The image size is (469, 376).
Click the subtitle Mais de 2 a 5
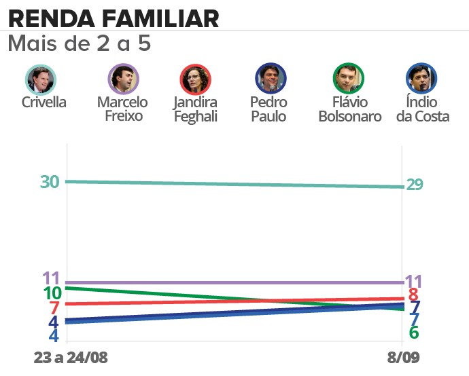click(x=79, y=44)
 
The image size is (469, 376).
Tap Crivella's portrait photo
click(x=41, y=79)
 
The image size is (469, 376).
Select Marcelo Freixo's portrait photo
click(x=123, y=79)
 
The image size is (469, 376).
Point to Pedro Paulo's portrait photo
click(x=271, y=79)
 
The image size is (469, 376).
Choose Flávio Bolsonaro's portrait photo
click(x=349, y=79)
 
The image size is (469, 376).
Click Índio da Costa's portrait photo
click(x=421, y=79)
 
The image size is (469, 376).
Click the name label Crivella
click(x=44, y=102)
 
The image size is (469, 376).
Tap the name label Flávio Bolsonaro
click(x=349, y=109)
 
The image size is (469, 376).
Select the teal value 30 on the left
click(x=50, y=182)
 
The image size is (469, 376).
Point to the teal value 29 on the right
click(x=415, y=185)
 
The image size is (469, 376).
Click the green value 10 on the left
click(x=52, y=293)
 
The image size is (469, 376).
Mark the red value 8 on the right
click(x=413, y=295)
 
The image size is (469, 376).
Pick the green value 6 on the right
click(x=413, y=333)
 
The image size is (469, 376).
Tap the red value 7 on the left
click(x=55, y=307)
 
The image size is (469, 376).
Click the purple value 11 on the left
click(x=52, y=278)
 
